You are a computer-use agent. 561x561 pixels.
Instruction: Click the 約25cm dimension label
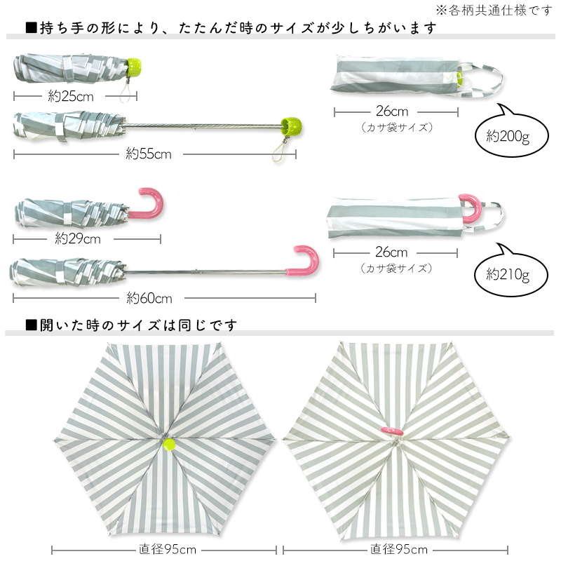[x=70, y=97]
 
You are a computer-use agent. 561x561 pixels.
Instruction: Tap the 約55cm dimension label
[x=149, y=154]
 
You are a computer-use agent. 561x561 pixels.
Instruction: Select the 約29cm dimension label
[x=78, y=239]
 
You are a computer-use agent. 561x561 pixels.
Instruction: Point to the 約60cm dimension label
[x=149, y=299]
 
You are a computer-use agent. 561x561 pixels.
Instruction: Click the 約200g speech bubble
[x=508, y=135]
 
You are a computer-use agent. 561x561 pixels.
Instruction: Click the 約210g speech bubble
[x=508, y=273]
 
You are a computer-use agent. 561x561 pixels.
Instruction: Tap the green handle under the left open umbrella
[x=168, y=443]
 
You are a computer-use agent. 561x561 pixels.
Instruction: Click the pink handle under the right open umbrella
[x=391, y=429]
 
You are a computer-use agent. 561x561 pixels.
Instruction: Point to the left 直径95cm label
[x=167, y=549]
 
